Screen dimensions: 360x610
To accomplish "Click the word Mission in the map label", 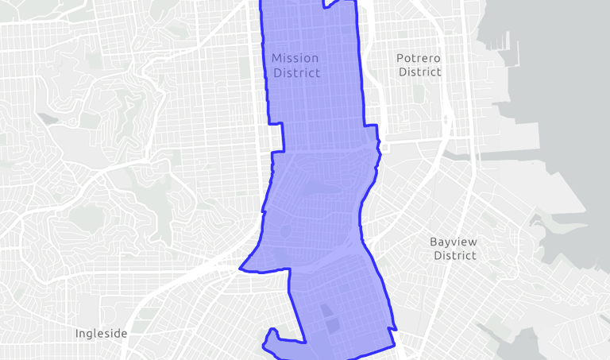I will pyautogui.click(x=295, y=58).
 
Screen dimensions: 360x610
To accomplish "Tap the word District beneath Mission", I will pyautogui.click(x=296, y=73).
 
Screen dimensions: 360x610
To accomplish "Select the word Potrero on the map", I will pyautogui.click(x=418, y=58).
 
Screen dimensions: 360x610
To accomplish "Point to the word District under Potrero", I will pyautogui.click(x=419, y=72).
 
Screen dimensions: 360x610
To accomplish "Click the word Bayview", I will pyautogui.click(x=454, y=242).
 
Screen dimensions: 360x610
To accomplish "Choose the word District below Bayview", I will pyautogui.click(x=454, y=256).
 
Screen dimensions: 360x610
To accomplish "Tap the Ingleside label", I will pyautogui.click(x=101, y=334).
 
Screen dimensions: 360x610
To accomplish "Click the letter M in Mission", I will pyautogui.click(x=276, y=58).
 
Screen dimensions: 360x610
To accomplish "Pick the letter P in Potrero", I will pyautogui.click(x=400, y=58).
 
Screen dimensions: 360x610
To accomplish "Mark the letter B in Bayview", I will pyautogui.click(x=434, y=242).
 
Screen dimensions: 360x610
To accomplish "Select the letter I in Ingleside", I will pyautogui.click(x=77, y=334).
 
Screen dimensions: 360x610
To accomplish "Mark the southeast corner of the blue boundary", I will pyautogui.click(x=395, y=346).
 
